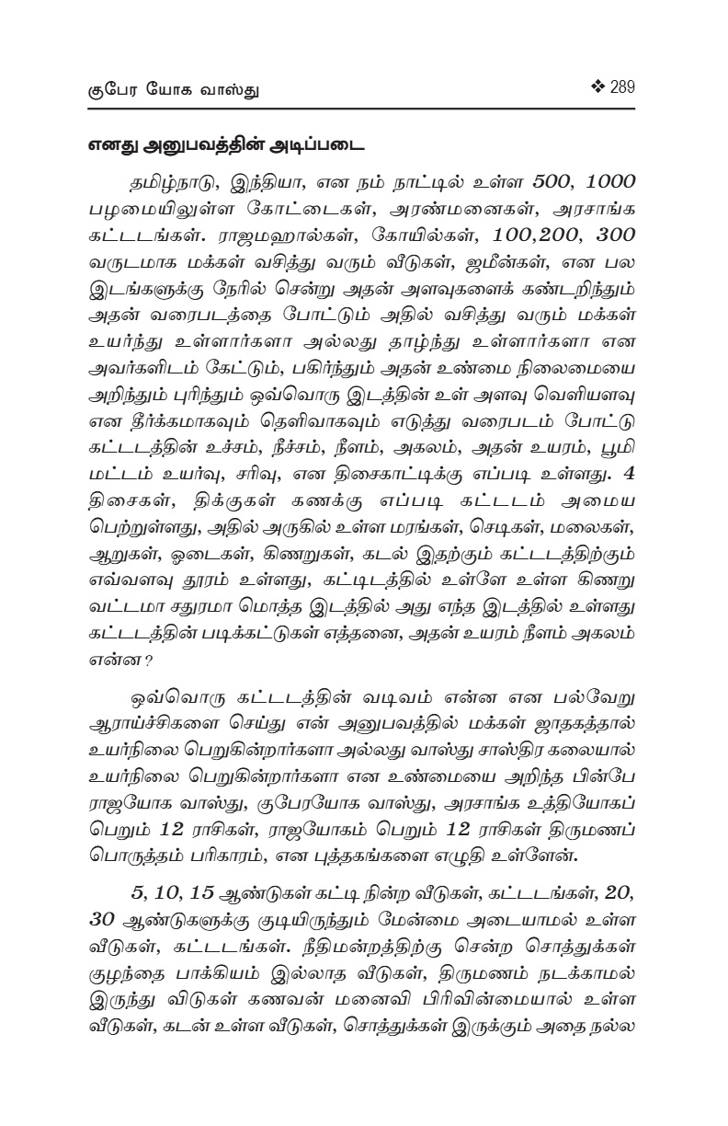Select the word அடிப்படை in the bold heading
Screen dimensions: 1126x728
tap(316, 144)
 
